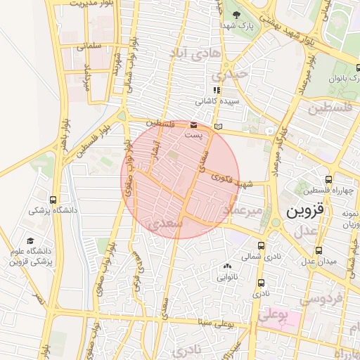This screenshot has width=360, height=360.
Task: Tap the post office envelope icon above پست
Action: (x=194, y=124)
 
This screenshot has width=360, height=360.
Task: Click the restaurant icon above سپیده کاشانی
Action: (x=217, y=90)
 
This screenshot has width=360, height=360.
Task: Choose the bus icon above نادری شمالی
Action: (x=262, y=246)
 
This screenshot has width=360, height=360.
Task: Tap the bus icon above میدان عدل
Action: (x=319, y=250)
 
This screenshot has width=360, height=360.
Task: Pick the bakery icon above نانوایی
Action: (x=226, y=266)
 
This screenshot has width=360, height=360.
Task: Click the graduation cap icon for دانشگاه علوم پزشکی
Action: (x=29, y=241)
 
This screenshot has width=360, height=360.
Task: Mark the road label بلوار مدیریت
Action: (x=89, y=4)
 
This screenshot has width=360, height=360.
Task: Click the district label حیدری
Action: (x=232, y=72)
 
